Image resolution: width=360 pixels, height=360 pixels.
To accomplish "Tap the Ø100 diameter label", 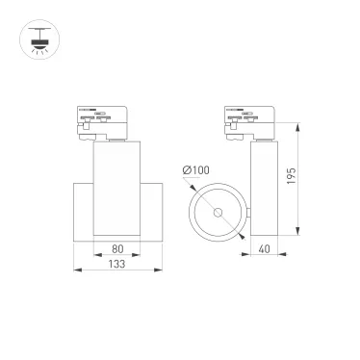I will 196,171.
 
